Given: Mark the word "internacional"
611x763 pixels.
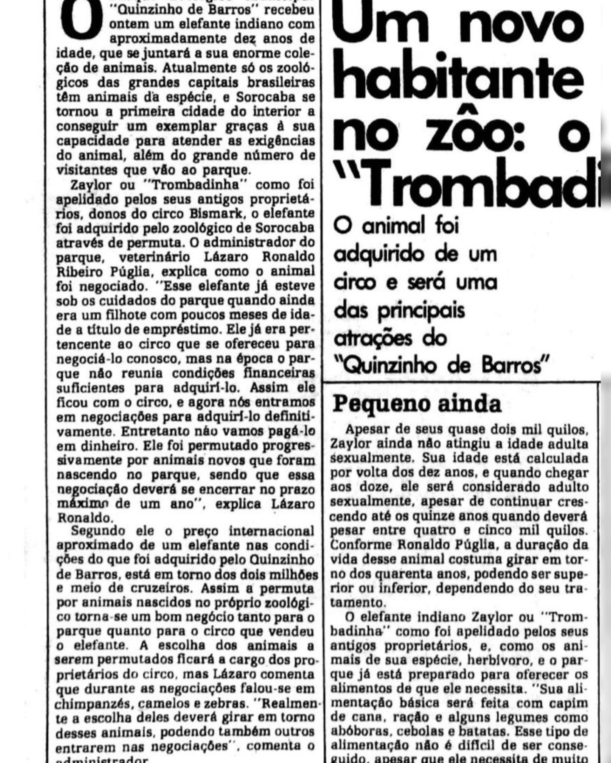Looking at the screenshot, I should (x=272, y=531).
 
